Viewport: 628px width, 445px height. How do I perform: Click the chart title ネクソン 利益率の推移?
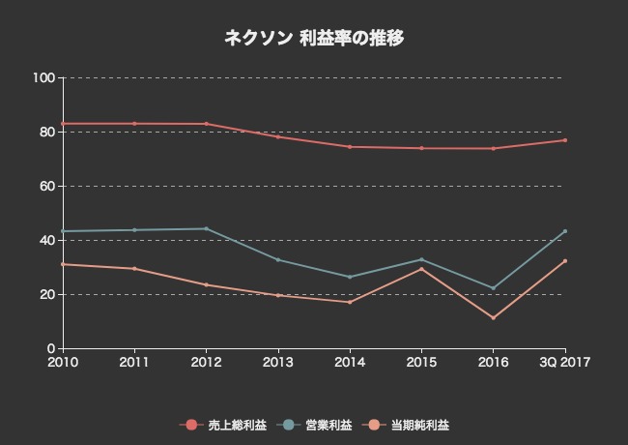(314, 39)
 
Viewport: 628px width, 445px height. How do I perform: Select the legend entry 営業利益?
(318, 425)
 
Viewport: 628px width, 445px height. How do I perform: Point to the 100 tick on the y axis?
(45, 77)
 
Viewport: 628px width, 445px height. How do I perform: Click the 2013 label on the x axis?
(278, 362)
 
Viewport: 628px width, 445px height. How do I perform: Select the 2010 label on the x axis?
(63, 362)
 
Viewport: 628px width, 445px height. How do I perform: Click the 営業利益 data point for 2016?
(493, 288)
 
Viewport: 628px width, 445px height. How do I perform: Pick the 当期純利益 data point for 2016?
(493, 318)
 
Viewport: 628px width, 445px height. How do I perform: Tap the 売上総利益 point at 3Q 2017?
(564, 140)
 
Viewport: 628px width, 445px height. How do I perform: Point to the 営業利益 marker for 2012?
(206, 228)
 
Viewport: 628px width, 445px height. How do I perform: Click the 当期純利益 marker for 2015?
(421, 268)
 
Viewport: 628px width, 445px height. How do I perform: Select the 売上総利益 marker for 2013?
(278, 136)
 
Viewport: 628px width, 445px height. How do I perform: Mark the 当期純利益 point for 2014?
(350, 302)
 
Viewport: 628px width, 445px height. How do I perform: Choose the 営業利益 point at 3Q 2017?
(564, 231)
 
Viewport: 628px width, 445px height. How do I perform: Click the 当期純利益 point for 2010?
(63, 264)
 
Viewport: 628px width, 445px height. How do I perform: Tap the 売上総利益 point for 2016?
(493, 148)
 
